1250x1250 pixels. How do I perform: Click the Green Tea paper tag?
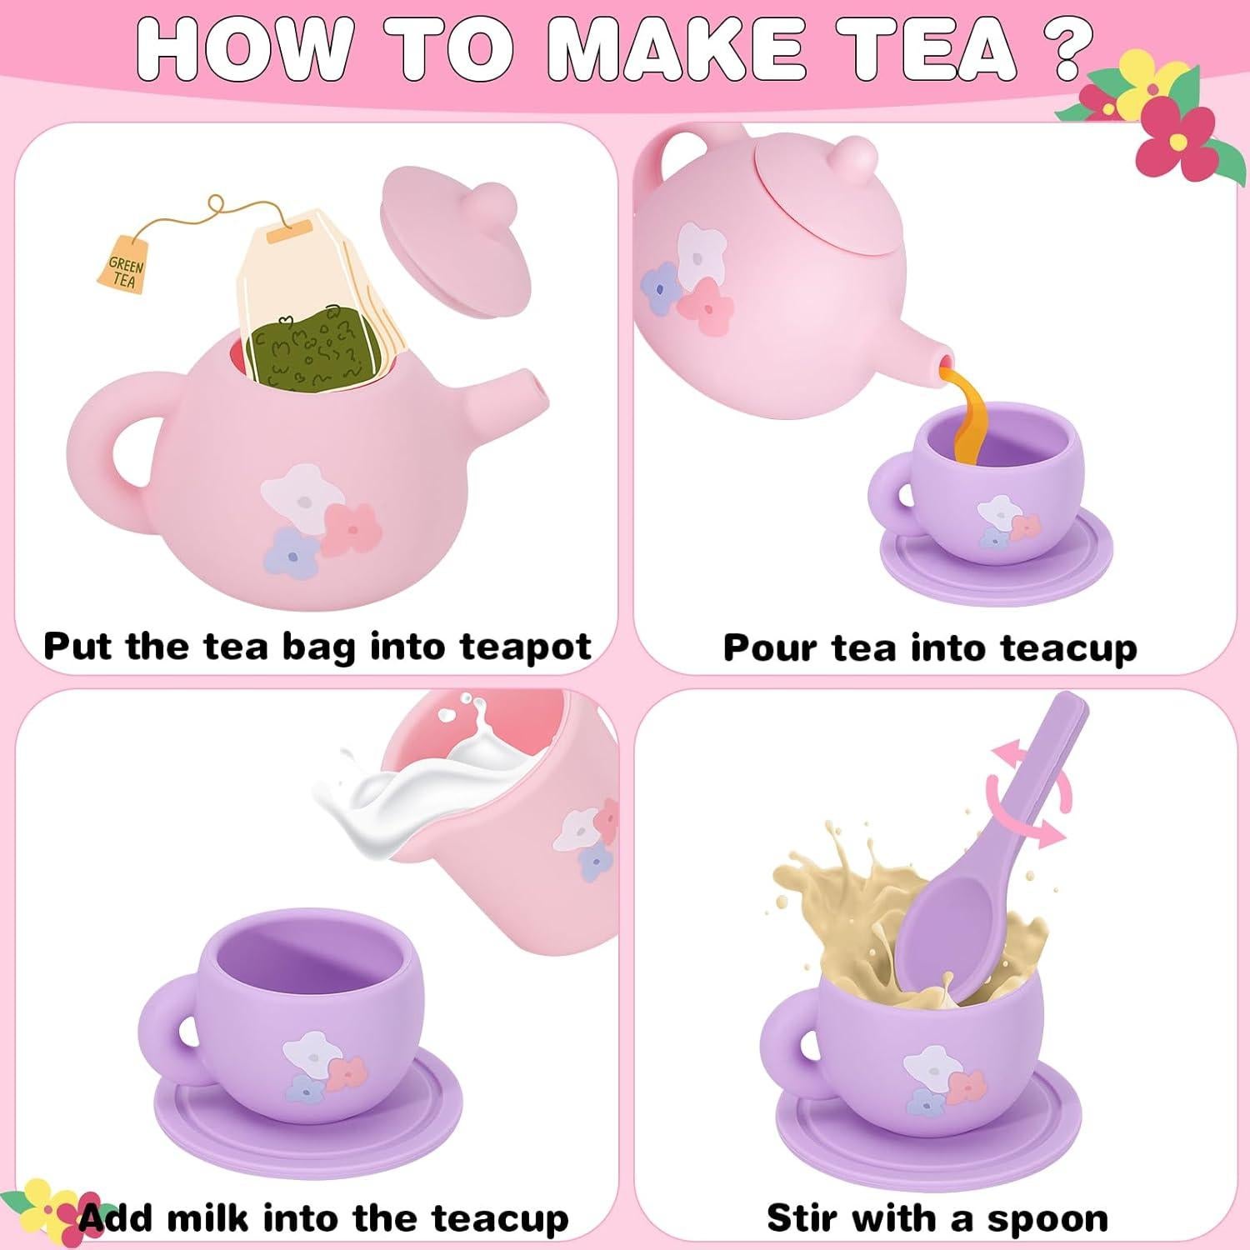[125, 269]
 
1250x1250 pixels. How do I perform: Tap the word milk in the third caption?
[206, 1218]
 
